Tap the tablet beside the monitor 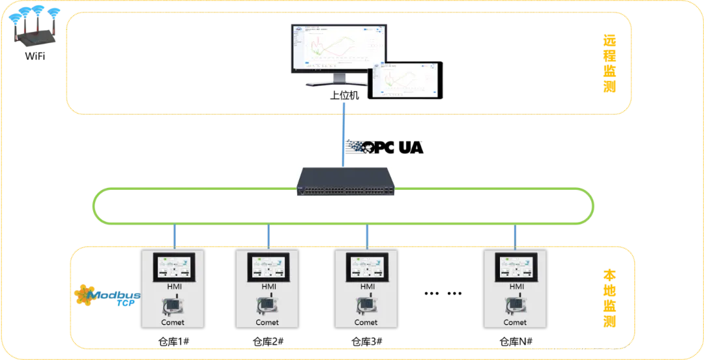point(405,80)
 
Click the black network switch point(345,181)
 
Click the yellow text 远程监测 point(609,64)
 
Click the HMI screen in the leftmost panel point(173,267)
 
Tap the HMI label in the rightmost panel point(516,286)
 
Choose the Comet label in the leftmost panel point(173,322)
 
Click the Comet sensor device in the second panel point(267,305)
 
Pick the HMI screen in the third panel point(367,267)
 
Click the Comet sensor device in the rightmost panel point(515,305)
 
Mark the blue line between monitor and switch point(343,134)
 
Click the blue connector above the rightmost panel point(515,237)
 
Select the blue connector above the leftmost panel point(174,237)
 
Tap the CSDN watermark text point(612,347)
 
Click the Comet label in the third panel point(366,322)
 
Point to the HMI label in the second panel point(269,286)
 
